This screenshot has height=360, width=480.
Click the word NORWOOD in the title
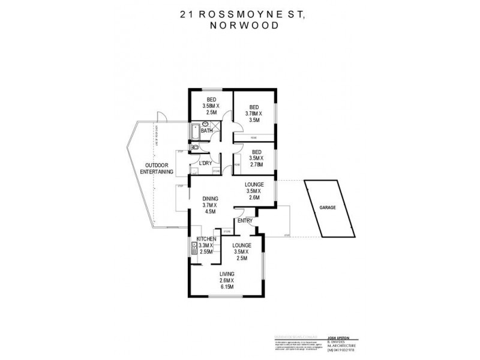tap(240, 27)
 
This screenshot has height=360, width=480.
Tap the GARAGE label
tap(327, 207)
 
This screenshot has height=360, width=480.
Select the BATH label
tap(207, 131)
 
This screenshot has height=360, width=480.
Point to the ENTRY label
tap(244, 221)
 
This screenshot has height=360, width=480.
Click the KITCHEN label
tap(205, 239)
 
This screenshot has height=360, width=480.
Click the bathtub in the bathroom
tap(196, 131)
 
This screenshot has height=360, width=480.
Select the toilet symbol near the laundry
tap(194, 147)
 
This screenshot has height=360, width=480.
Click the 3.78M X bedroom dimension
tap(254, 113)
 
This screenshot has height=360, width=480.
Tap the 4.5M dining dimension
tap(211, 211)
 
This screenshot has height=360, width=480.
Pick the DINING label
tap(210, 199)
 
